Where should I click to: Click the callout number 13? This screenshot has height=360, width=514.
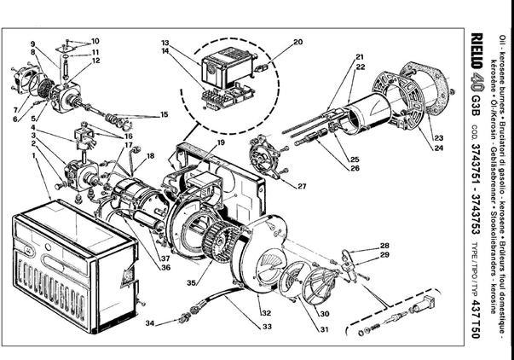point(165,43)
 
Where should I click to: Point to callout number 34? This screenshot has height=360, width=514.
point(148,323)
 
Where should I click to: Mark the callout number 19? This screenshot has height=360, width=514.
point(220,142)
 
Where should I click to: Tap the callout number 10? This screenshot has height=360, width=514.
point(95,41)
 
